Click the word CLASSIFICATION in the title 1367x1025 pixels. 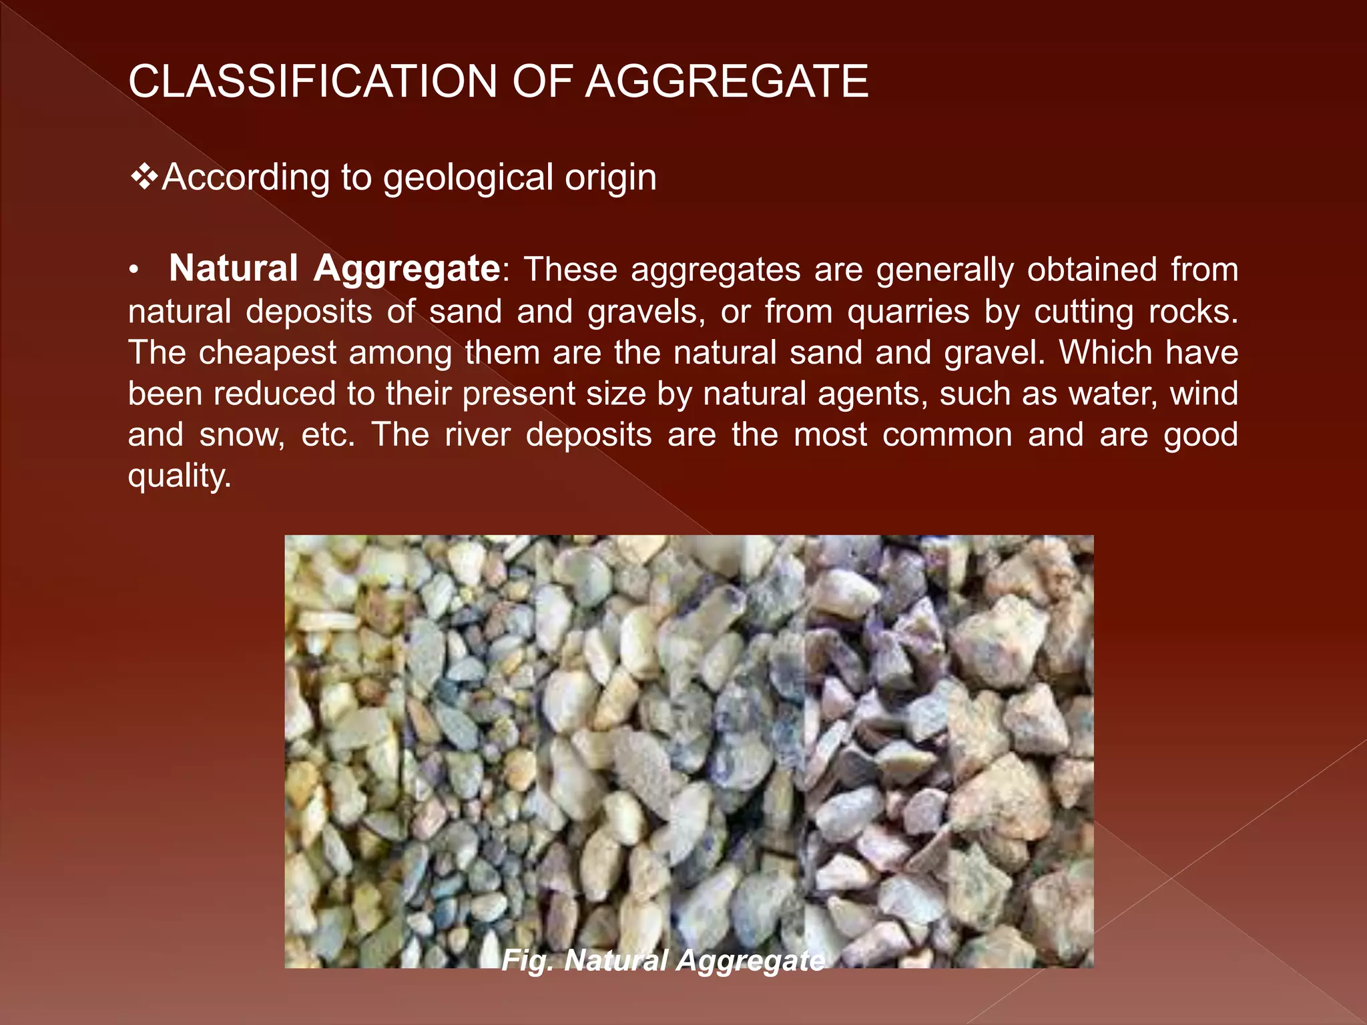pos(313,81)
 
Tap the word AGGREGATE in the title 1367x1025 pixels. pos(726,81)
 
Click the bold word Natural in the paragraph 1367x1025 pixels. pos(234,269)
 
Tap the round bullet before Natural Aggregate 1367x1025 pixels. pos(133,270)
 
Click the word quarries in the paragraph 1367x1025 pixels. pos(908,312)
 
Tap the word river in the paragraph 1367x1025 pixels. pos(477,435)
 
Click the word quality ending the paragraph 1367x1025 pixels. pos(179,476)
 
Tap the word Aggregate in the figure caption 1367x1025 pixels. pos(750,960)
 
